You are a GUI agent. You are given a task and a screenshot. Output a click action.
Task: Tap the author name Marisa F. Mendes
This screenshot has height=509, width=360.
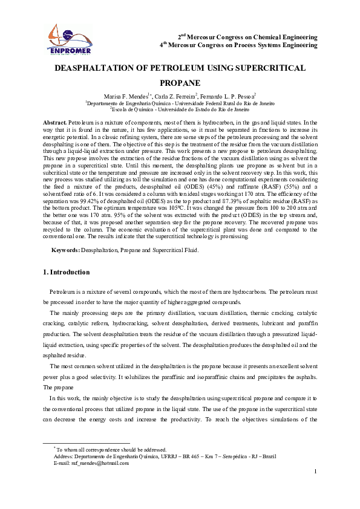[125, 96]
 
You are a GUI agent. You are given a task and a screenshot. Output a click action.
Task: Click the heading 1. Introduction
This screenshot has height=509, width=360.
[67, 273]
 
